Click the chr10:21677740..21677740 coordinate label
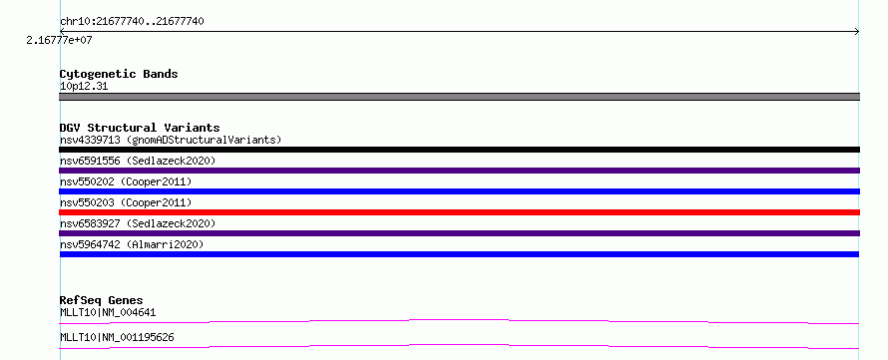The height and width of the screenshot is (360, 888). (132, 22)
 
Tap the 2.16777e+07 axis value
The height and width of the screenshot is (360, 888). (59, 40)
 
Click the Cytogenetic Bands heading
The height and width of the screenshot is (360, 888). (119, 74)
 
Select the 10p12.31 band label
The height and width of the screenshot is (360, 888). (84, 87)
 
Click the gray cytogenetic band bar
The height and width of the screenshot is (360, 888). (459, 97)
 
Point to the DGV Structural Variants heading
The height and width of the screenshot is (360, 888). (140, 128)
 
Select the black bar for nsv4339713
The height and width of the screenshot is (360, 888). (459, 150)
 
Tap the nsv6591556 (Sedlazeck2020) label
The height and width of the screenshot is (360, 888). (138, 161)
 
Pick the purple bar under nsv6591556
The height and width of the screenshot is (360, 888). (459, 171)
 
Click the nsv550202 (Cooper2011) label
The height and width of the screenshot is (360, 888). (126, 181)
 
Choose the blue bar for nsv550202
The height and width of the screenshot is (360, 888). (459, 191)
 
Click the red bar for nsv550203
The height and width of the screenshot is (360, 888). (459, 212)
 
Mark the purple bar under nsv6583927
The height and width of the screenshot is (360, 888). (459, 233)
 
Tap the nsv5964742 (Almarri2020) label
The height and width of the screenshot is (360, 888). (132, 244)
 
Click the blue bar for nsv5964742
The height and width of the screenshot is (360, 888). (459, 254)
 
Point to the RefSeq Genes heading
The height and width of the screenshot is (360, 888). (102, 300)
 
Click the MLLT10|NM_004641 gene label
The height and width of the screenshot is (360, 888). (108, 312)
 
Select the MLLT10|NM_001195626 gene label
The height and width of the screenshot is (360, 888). (117, 337)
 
